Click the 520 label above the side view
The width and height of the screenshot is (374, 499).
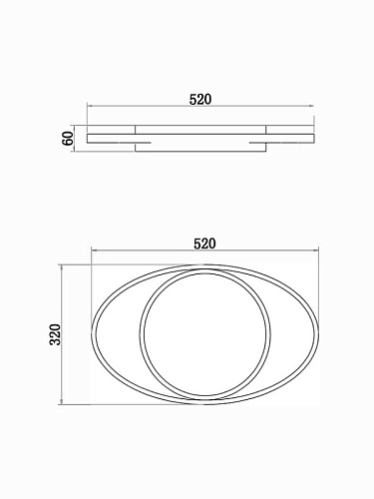click(x=200, y=100)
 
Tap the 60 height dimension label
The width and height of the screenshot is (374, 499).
click(x=68, y=139)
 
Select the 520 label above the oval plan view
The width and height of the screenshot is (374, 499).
click(x=204, y=244)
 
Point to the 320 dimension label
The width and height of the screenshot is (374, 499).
click(x=56, y=334)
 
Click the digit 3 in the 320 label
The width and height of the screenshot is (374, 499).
click(x=56, y=341)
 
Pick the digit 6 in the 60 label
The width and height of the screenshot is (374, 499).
click(x=68, y=142)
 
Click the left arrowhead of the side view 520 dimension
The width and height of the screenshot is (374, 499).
click(x=89, y=106)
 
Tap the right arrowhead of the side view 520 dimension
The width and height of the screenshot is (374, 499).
click(x=311, y=106)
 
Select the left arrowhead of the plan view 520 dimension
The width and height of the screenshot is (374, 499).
click(x=94, y=250)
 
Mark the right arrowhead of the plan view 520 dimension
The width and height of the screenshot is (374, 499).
click(x=316, y=250)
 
